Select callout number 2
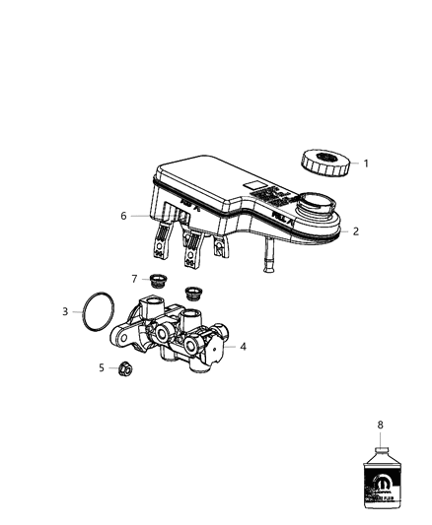(356, 231)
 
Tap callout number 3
(65, 312)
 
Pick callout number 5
(101, 367)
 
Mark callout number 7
(135, 279)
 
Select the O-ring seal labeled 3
(95, 311)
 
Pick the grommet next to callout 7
(156, 283)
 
